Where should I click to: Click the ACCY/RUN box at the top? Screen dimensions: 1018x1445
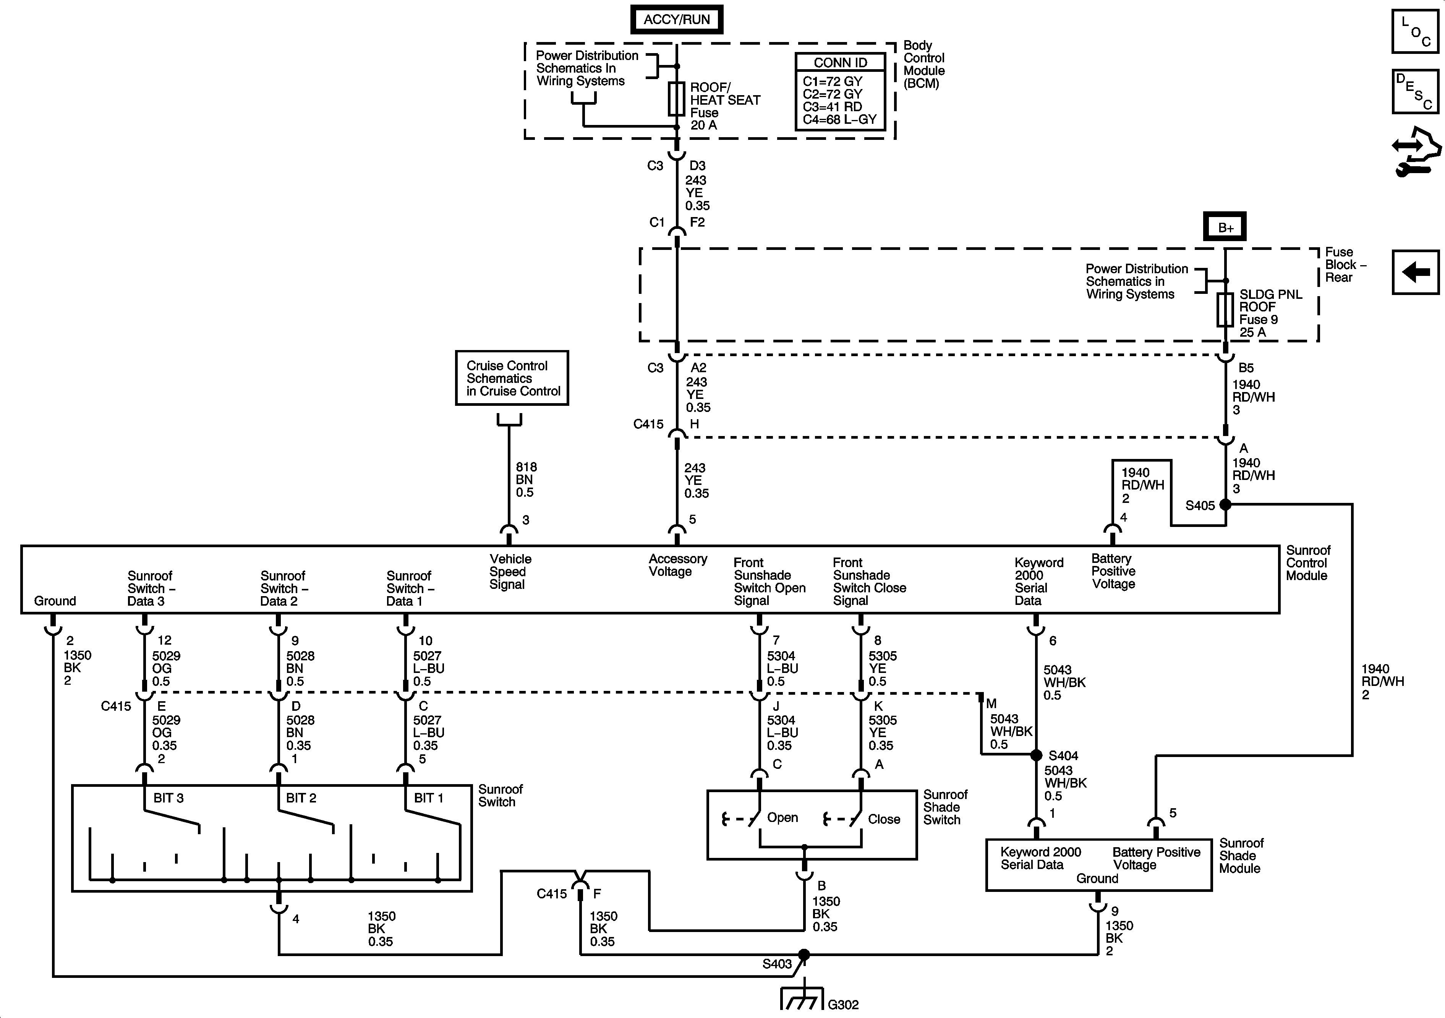(677, 19)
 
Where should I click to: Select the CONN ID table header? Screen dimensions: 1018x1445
(840, 62)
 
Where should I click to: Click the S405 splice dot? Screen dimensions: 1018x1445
(1225, 504)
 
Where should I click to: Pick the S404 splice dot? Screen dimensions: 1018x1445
(1036, 755)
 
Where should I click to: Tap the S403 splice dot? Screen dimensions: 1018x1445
(803, 955)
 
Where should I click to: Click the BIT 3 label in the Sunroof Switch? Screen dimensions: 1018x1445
(168, 798)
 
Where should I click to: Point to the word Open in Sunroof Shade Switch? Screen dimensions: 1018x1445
(782, 818)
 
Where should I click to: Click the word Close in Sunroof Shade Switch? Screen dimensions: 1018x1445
(884, 819)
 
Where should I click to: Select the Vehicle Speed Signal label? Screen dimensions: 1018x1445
(510, 572)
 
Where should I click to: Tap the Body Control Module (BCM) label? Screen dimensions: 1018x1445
(923, 64)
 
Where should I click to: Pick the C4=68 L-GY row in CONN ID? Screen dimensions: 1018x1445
(839, 120)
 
